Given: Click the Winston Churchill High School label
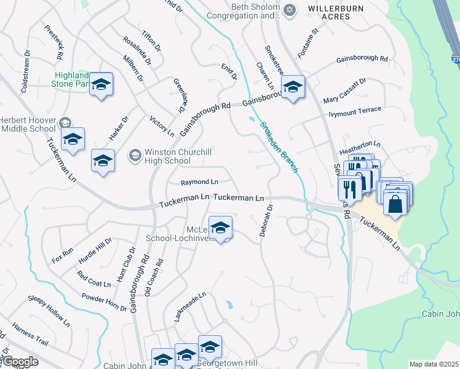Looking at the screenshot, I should tap(167, 156).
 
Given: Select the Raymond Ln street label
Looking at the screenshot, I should tap(199, 182).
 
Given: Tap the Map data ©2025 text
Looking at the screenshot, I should tap(433, 364).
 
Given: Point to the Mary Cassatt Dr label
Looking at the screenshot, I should tap(344, 90).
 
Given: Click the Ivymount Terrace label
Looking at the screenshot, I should tap(355, 111).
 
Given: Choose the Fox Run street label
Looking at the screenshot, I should tap(63, 255).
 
